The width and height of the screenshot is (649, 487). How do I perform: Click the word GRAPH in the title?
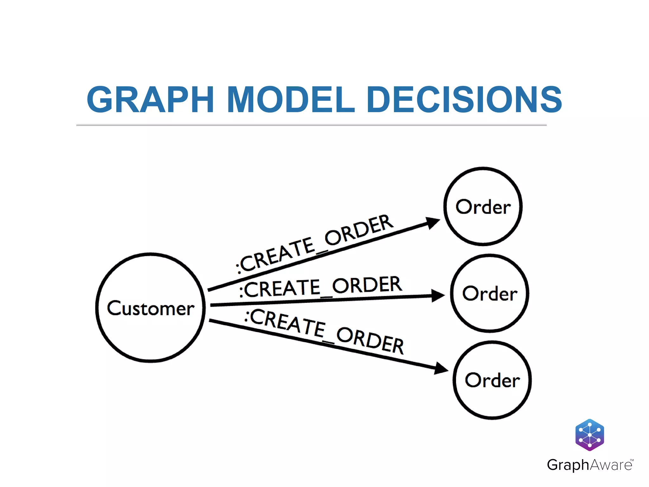coord(150,100)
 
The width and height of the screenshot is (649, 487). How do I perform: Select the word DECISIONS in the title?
coord(464,100)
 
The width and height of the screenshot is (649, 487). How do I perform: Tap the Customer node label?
coord(151,308)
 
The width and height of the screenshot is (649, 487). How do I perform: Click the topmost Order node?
coord(483,207)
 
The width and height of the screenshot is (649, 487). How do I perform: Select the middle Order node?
coord(490,293)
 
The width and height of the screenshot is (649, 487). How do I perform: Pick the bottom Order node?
coord(492,380)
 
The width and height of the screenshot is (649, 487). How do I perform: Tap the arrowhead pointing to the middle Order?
coord(438,295)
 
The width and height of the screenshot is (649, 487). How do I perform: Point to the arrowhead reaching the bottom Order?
coord(441,368)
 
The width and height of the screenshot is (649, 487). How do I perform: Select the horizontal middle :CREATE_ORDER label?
coord(320,287)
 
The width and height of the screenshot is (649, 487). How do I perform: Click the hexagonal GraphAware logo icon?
coord(589,435)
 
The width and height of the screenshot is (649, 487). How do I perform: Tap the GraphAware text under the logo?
coord(589,465)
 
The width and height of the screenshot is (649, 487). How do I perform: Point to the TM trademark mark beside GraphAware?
coord(632,460)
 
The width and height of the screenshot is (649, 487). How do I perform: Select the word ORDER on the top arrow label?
coord(359,230)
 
